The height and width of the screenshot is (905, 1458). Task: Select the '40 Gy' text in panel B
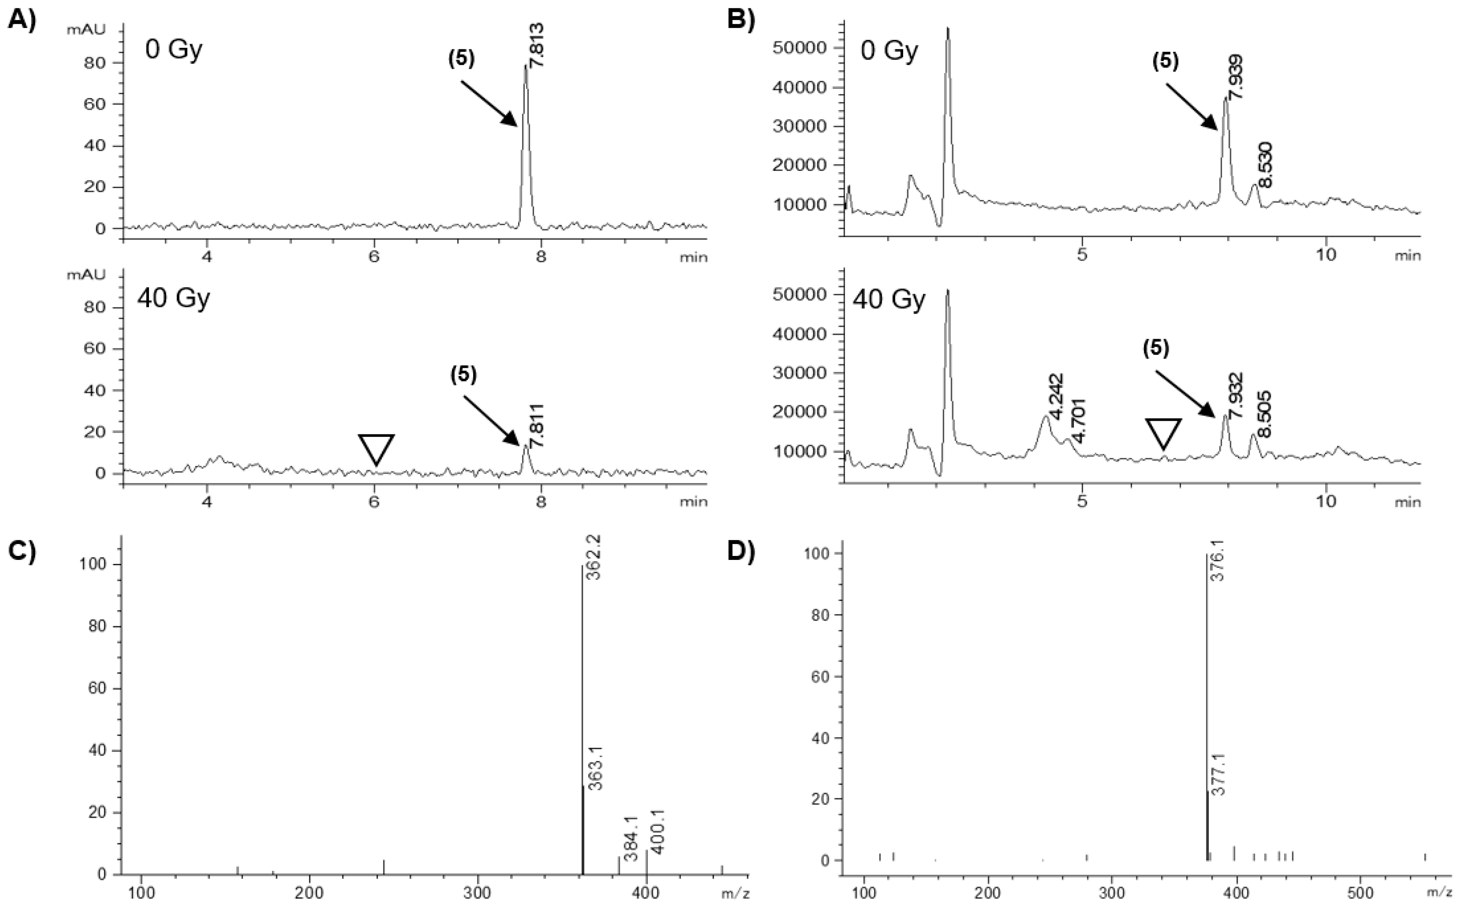coord(889,298)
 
